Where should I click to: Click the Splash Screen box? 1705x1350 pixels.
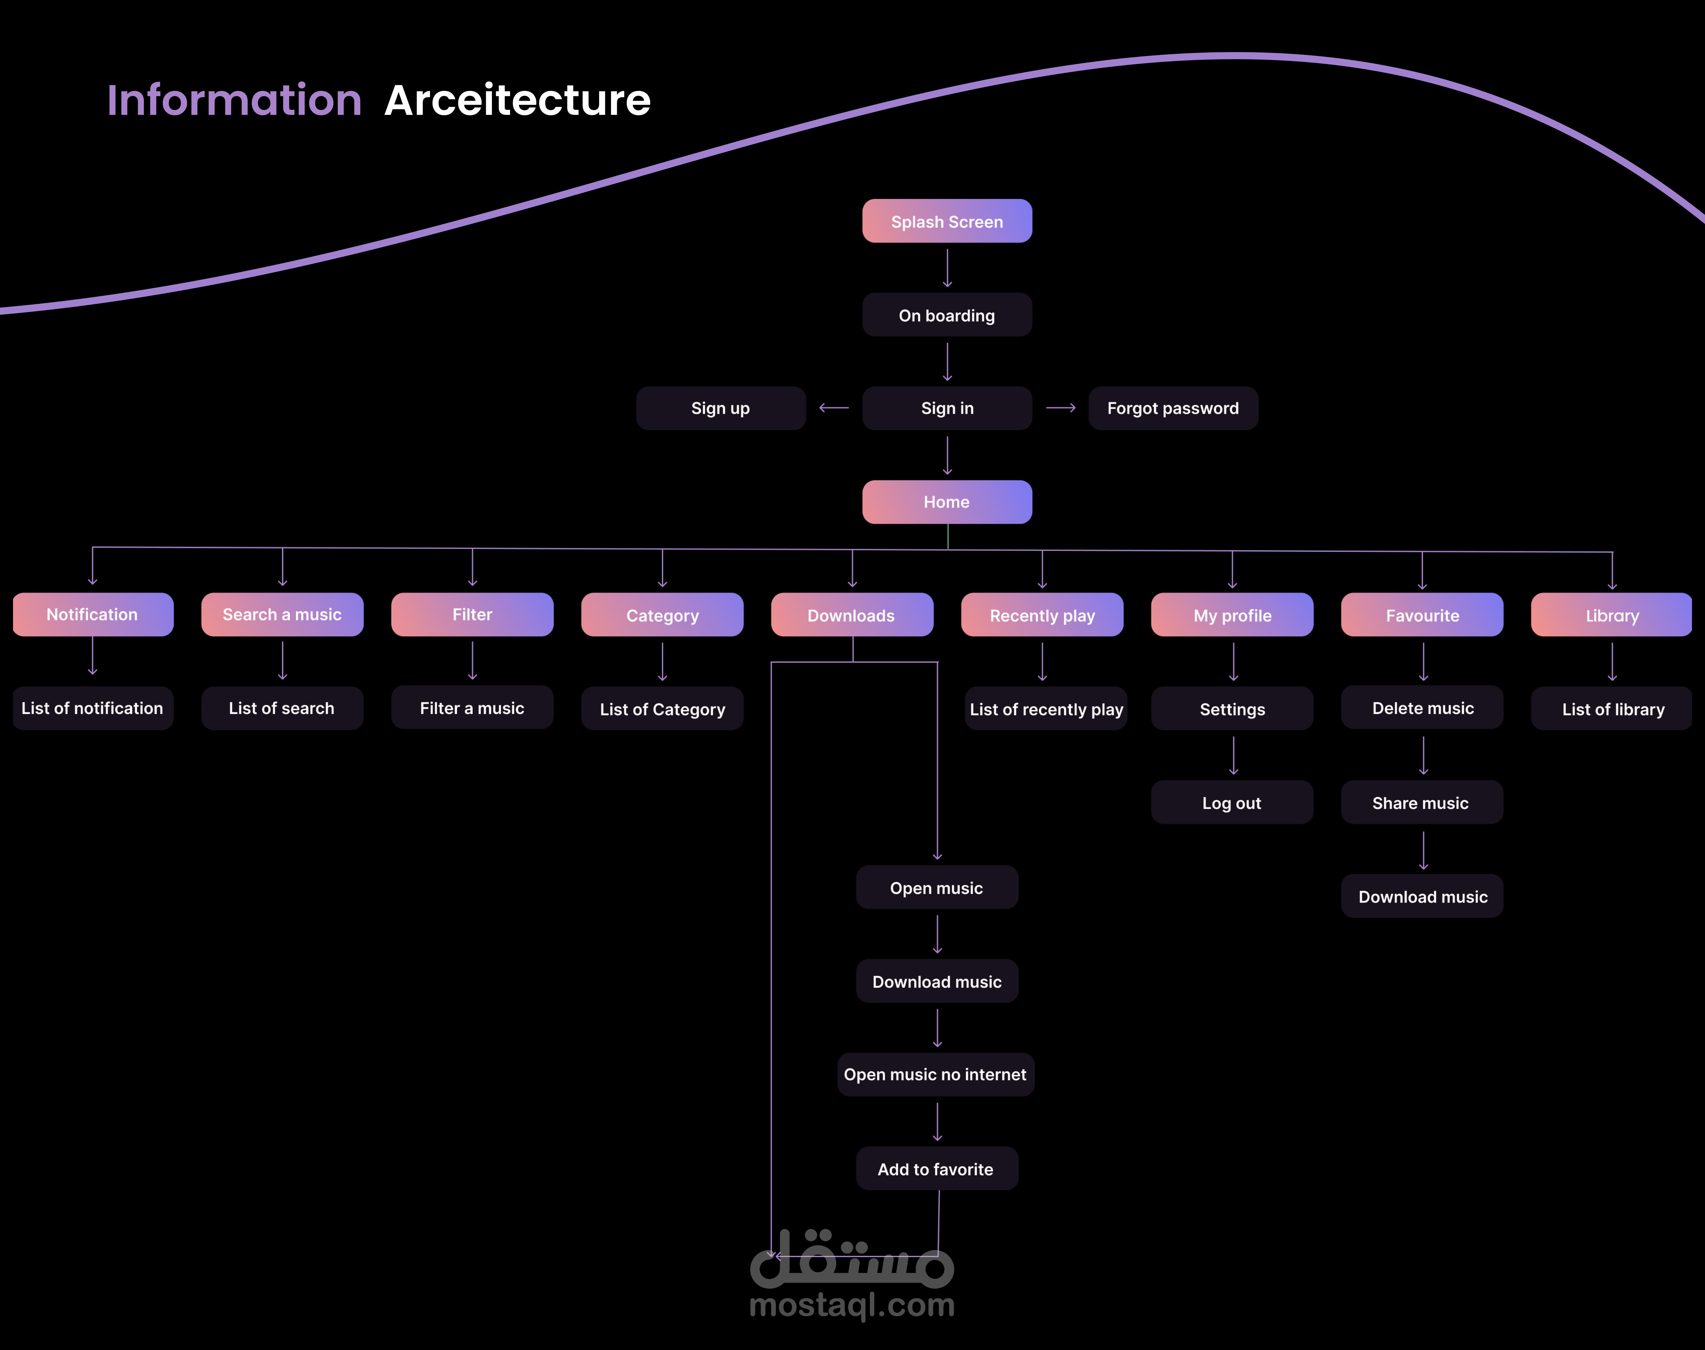pyautogui.click(x=947, y=221)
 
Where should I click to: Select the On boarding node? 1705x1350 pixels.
pyautogui.click(x=947, y=315)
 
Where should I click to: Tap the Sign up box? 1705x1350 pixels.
pyautogui.click(x=720, y=408)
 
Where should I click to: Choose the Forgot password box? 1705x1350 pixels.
pyautogui.click(x=1172, y=408)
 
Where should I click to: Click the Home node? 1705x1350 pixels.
pyautogui.click(x=947, y=502)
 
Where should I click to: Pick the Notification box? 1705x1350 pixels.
pyautogui.click(x=92, y=614)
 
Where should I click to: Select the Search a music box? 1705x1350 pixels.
pyautogui.click(x=282, y=614)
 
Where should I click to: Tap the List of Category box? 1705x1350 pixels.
pyautogui.click(x=662, y=709)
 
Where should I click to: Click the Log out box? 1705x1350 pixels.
pyautogui.click(x=1232, y=803)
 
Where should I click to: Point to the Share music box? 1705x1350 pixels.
pyautogui.click(x=1421, y=803)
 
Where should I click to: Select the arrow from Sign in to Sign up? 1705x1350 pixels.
pyautogui.click(x=834, y=408)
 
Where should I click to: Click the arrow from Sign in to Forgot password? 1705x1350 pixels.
pyautogui.click(x=1060, y=408)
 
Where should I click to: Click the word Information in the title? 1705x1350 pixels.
pyautogui.click(x=234, y=100)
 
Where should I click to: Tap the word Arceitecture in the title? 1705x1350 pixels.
pyautogui.click(x=517, y=100)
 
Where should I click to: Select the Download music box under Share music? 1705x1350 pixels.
pyautogui.click(x=1422, y=896)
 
